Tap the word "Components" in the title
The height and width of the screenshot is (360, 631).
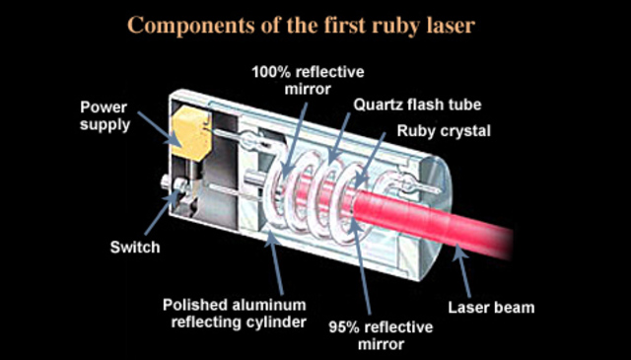point(181,24)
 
